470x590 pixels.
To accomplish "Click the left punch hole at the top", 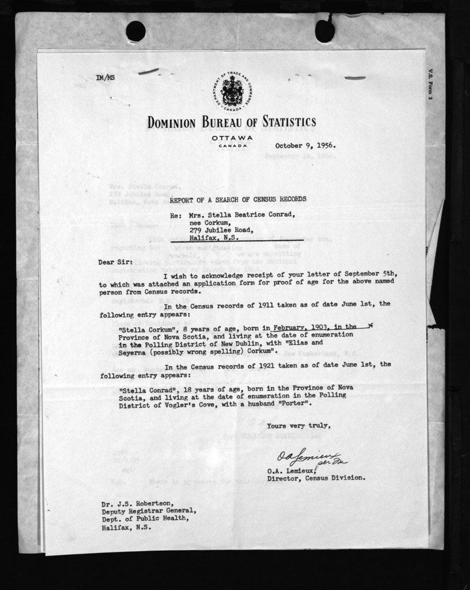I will click(x=136, y=31).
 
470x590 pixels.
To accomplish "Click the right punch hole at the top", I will click(x=324, y=31).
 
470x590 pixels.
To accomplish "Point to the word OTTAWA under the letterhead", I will click(x=232, y=138).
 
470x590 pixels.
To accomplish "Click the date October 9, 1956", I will click(x=305, y=146).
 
